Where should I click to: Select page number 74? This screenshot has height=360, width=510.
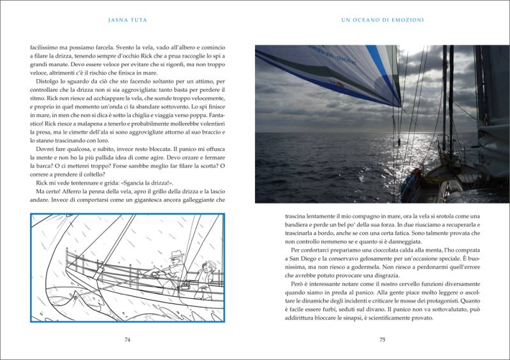tap(127, 340)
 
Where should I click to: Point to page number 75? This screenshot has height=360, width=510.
tap(382, 340)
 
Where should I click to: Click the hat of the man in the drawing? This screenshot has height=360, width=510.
tap(176, 255)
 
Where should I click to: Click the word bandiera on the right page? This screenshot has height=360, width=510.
tap(300, 224)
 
